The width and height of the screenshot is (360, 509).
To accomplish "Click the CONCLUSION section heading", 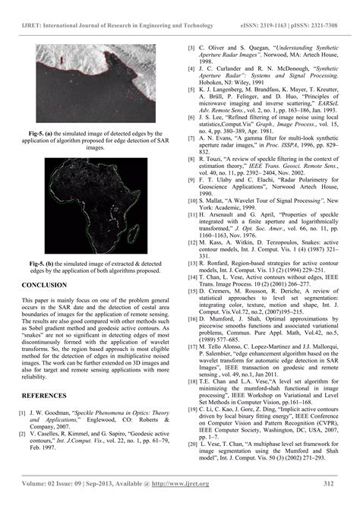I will [46, 285].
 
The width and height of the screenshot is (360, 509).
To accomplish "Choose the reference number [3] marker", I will [192, 47].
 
